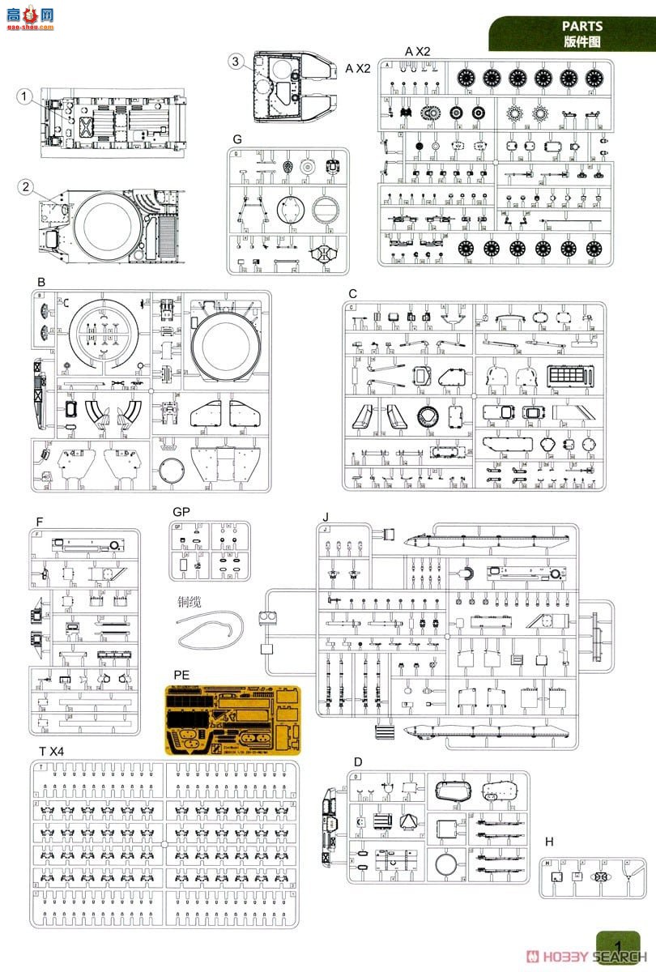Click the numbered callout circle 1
point(26,97)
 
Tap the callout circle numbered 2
point(26,187)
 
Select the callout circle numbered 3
point(235,62)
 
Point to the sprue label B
point(40,281)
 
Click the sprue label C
point(352,293)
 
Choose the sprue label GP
point(181,512)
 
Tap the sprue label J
point(325,517)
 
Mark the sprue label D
point(358,762)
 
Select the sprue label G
point(236,139)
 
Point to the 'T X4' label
point(50,752)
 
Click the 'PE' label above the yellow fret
point(181,675)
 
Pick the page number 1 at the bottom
point(618,946)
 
